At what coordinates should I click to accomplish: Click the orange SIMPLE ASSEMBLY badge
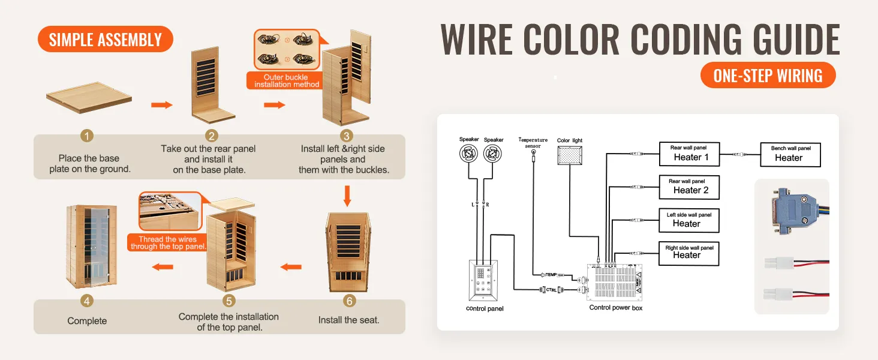(105, 40)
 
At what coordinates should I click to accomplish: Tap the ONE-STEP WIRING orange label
(768, 76)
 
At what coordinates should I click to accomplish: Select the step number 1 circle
(88, 136)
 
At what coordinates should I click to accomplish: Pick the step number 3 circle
(346, 136)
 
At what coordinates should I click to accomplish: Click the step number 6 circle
(348, 301)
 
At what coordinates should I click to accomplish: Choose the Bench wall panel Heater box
(790, 155)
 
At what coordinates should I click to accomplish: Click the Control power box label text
(615, 308)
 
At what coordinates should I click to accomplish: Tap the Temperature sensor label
(533, 143)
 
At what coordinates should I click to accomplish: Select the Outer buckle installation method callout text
(286, 81)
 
